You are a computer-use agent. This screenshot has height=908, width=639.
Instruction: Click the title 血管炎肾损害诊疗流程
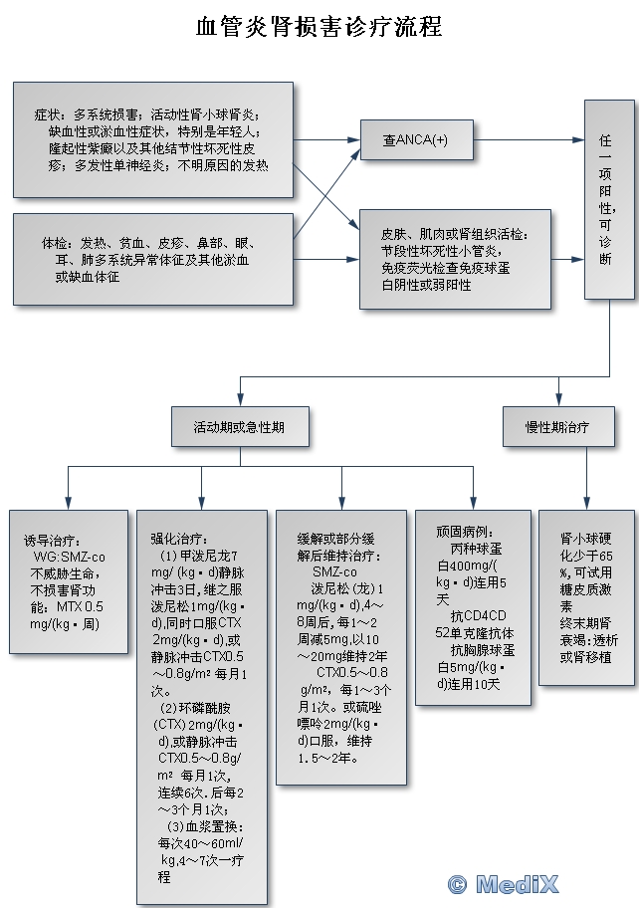[319, 26]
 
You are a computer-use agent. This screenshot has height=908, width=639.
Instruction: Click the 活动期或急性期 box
[239, 427]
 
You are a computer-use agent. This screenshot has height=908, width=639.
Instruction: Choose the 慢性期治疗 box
[557, 427]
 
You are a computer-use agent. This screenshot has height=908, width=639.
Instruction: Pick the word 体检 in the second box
[55, 243]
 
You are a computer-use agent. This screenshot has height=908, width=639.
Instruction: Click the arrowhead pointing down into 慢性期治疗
[558, 400]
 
